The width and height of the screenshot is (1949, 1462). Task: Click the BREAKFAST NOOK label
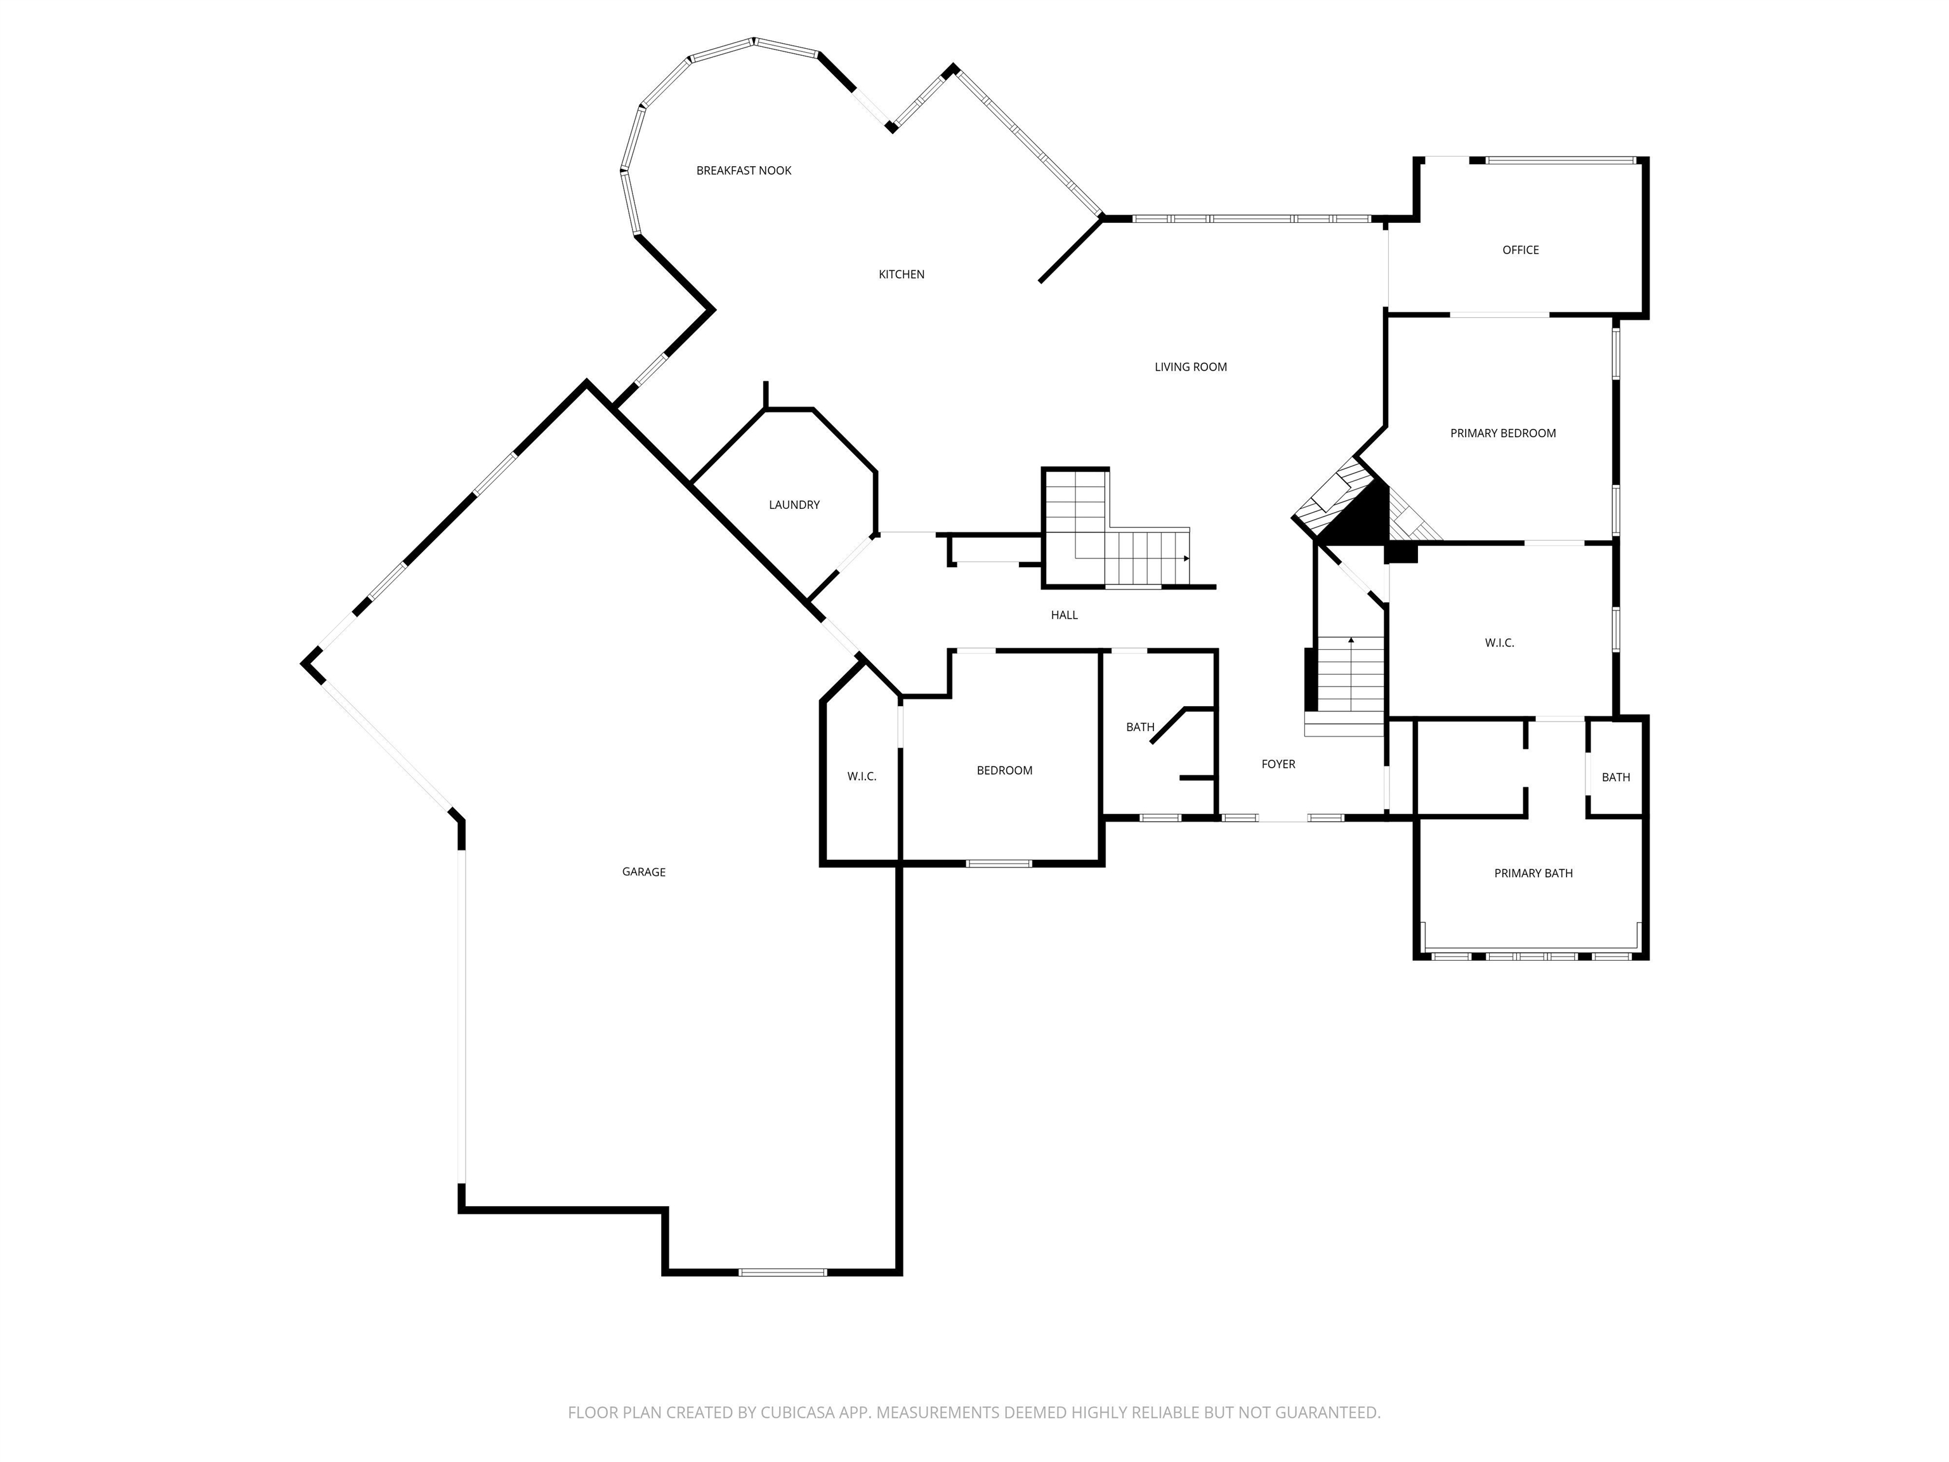pos(744,171)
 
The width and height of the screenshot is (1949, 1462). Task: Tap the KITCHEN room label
pos(902,275)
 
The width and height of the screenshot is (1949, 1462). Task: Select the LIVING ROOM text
pos(1190,367)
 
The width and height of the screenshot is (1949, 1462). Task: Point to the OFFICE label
pos(1520,250)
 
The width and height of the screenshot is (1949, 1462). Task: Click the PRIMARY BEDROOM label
pos(1502,433)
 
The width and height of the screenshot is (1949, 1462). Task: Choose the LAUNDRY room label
pos(794,505)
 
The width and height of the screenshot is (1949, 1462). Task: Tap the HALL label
pos(1063,615)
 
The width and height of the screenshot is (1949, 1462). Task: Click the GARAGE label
pos(643,873)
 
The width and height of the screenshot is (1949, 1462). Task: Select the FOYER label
pos(1278,765)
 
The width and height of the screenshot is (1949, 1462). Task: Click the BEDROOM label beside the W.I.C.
pos(1004,771)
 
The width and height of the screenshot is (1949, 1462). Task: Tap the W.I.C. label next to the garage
pos(861,777)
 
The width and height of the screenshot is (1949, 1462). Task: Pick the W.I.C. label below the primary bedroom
pos(1499,643)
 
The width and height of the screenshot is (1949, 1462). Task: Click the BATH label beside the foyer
pos(1139,728)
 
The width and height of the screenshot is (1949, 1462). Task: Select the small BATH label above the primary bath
pos(1615,778)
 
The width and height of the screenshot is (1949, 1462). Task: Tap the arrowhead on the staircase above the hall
pos(1186,558)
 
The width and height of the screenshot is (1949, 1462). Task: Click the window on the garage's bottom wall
pos(782,1272)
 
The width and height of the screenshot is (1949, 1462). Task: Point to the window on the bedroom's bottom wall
pos(998,864)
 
